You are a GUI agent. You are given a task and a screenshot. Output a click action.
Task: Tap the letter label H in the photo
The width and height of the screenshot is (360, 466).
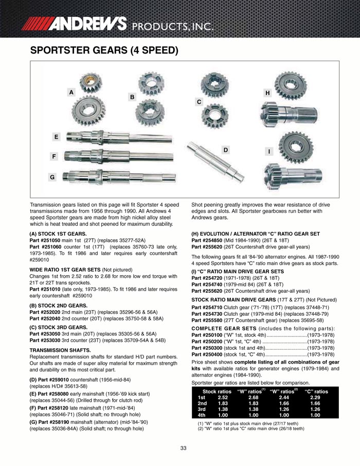268,93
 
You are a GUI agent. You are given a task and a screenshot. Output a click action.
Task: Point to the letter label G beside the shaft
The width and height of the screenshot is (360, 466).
52,177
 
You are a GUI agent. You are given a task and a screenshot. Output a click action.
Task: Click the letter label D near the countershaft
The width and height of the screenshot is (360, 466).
225,150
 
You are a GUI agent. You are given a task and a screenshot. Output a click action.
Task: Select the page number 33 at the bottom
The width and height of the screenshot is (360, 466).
183,449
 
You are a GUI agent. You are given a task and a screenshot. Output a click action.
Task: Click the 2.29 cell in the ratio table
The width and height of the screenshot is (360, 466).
315,397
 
